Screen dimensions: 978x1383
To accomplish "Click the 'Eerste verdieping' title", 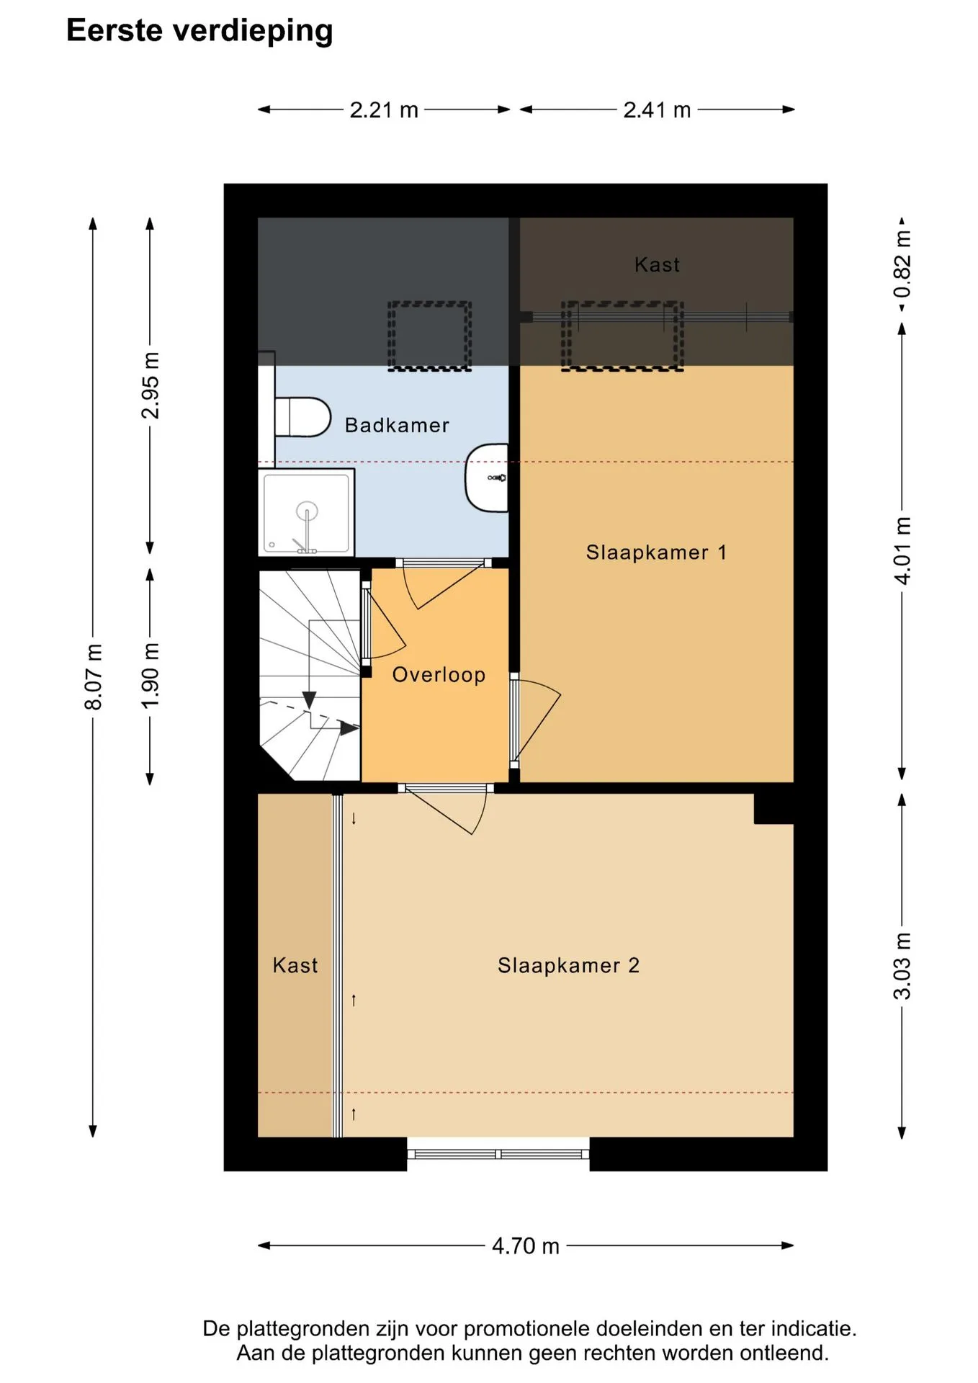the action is [x=199, y=31].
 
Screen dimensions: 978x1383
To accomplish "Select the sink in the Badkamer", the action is [x=487, y=478].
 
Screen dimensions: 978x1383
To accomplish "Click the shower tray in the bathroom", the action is [x=306, y=512].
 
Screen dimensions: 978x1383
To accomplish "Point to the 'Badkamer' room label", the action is [x=397, y=425].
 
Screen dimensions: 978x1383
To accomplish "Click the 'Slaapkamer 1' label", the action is [x=656, y=552].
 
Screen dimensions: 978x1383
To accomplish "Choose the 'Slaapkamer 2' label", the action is [x=568, y=965].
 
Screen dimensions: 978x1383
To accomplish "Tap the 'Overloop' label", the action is [x=439, y=675].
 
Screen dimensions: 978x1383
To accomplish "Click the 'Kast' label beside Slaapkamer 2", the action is [x=295, y=965].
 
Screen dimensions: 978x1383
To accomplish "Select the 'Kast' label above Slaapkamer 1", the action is [x=657, y=264].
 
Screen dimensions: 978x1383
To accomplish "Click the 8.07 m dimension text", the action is [x=94, y=677].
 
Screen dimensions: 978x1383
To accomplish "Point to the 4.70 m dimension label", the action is [x=526, y=1246].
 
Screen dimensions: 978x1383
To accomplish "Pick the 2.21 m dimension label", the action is [x=384, y=110].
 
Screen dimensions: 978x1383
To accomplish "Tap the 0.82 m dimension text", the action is [x=902, y=264].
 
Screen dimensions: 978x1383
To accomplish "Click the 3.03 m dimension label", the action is [x=902, y=966].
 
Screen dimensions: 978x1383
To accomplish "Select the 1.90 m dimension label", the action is [x=151, y=676].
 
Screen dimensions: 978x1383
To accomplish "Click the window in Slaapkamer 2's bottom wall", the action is [x=498, y=1154].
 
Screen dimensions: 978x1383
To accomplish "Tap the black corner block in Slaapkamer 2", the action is [x=773, y=808].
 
